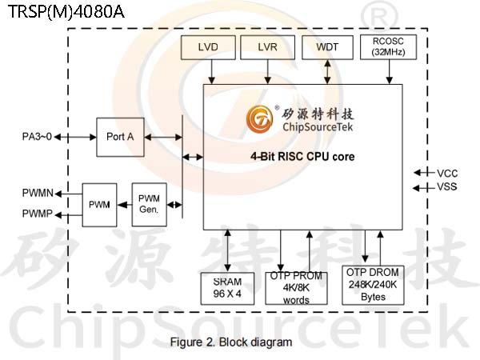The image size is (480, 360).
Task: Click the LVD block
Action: coord(208,47)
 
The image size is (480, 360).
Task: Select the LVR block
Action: coord(267,47)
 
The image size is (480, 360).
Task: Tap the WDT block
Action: coord(327,47)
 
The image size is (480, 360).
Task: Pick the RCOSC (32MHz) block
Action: coord(388,47)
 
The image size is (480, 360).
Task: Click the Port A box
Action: coord(120,137)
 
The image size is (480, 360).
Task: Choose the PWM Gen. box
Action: coord(149,205)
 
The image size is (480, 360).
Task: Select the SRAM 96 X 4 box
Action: coord(227,288)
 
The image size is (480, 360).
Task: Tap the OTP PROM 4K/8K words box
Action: coord(296,288)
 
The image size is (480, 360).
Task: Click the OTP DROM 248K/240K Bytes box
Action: coord(373,285)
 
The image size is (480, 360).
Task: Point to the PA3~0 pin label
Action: coord(37,137)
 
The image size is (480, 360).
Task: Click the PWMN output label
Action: coord(38,193)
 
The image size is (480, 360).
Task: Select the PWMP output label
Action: coord(38,214)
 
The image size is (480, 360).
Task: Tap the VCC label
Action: coord(447,174)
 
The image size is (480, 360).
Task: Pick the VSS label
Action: coord(447,186)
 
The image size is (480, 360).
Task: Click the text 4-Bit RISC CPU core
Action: coord(302,157)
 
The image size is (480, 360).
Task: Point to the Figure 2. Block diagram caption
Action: coord(231,342)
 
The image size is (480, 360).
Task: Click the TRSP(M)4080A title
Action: coord(66,12)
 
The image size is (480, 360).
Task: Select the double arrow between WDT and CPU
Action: coord(327,72)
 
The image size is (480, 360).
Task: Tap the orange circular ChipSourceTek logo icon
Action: coord(259,119)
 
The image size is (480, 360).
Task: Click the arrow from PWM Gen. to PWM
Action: coord(125,205)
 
